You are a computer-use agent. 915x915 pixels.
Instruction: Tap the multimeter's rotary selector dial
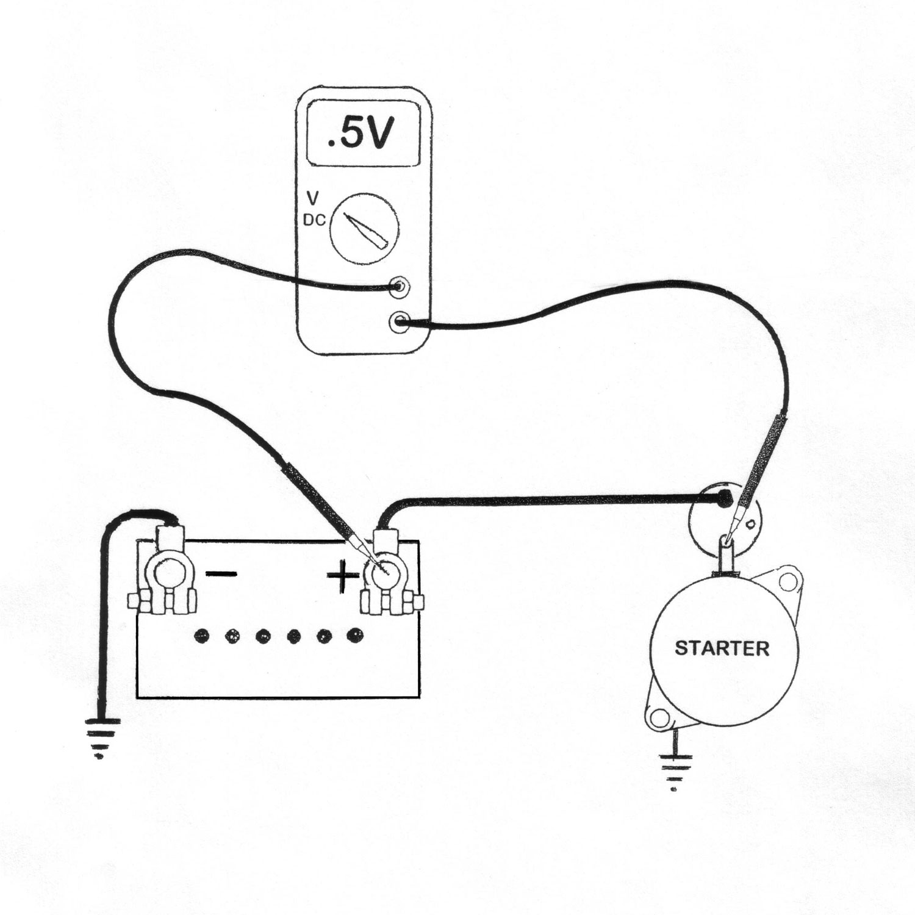364,229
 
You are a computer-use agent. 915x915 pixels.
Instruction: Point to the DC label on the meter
314,221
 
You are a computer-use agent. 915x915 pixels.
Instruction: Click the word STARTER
722,648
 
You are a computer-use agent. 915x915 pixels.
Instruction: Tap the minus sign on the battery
221,573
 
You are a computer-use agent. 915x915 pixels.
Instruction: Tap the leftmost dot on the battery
201,637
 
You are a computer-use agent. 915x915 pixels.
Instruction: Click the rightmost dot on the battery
353,636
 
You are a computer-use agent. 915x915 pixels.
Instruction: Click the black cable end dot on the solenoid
723,499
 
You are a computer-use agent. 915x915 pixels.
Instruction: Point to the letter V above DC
312,199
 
